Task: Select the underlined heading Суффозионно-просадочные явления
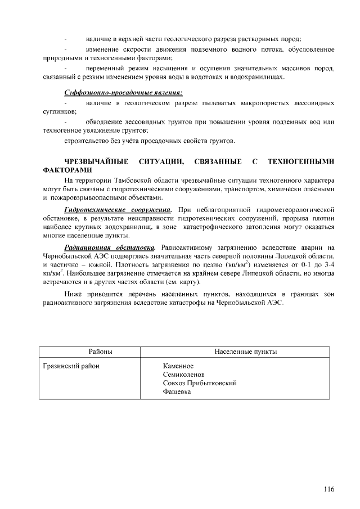pyautogui.click(x=122, y=91)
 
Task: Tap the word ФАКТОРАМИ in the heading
pyautogui.click(x=66, y=169)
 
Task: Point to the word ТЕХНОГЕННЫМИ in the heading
pyautogui.click(x=301, y=162)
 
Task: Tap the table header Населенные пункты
pyautogui.click(x=245, y=352)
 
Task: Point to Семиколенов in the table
pyautogui.click(x=183, y=375)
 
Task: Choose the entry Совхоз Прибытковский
pyautogui.click(x=199, y=383)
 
